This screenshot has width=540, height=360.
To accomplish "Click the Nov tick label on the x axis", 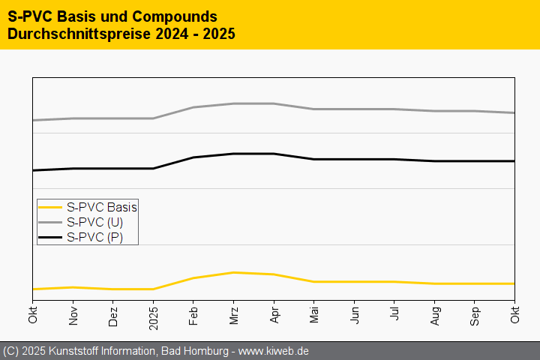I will coord(73,315).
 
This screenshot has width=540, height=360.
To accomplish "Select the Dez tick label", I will coord(113,314).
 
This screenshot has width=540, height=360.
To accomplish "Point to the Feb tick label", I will coord(193,314).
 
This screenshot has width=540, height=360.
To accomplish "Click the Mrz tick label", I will coord(233,314).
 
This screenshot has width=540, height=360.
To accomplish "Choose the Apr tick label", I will coord(274,314).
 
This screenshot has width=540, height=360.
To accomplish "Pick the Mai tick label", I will coord(313,314).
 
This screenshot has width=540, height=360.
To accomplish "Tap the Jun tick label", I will coord(354,314).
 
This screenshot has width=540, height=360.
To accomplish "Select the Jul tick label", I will coord(394,313).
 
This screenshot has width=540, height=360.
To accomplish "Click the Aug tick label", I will coord(434,315).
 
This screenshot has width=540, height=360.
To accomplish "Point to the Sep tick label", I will coord(474,315).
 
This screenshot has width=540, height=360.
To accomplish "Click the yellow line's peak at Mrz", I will coord(234,272).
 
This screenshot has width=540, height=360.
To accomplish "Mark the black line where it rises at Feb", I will coord(193,157).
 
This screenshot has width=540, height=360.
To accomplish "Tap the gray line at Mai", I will coord(314,109).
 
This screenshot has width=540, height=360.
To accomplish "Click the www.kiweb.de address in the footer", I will coord(274,351).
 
